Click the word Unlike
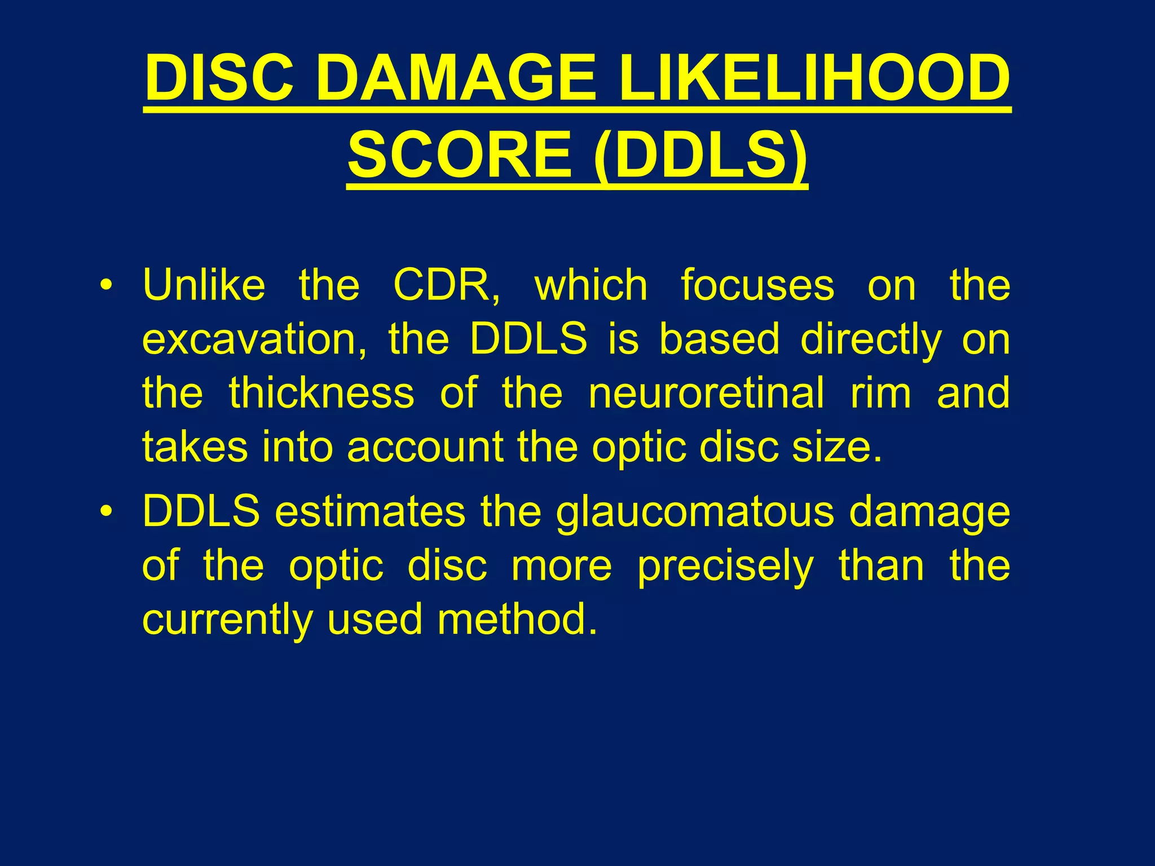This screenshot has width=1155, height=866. coord(204,285)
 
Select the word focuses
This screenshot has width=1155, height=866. coord(757,285)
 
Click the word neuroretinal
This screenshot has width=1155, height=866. coord(706,393)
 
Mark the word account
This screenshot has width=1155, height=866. coord(425,448)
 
